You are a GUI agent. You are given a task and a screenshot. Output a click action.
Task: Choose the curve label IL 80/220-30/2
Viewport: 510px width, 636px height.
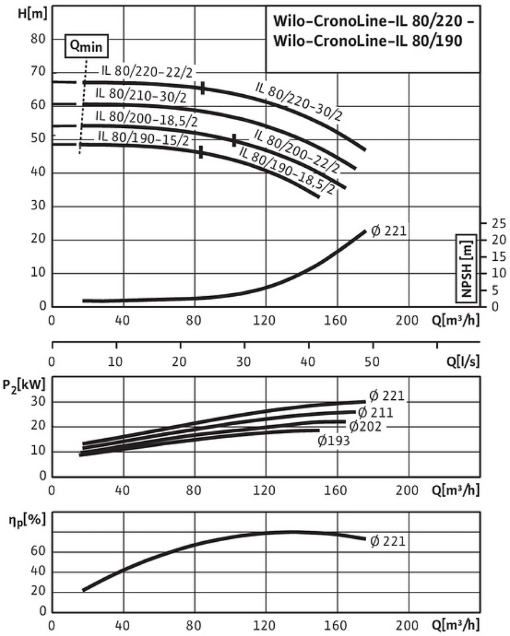299,101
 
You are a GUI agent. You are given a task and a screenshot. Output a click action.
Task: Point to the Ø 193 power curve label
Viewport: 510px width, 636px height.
334,440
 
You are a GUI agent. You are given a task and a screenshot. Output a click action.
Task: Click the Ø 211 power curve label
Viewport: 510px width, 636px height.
375,412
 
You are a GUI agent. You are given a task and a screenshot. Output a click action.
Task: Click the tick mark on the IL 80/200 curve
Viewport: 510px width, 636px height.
234,140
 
